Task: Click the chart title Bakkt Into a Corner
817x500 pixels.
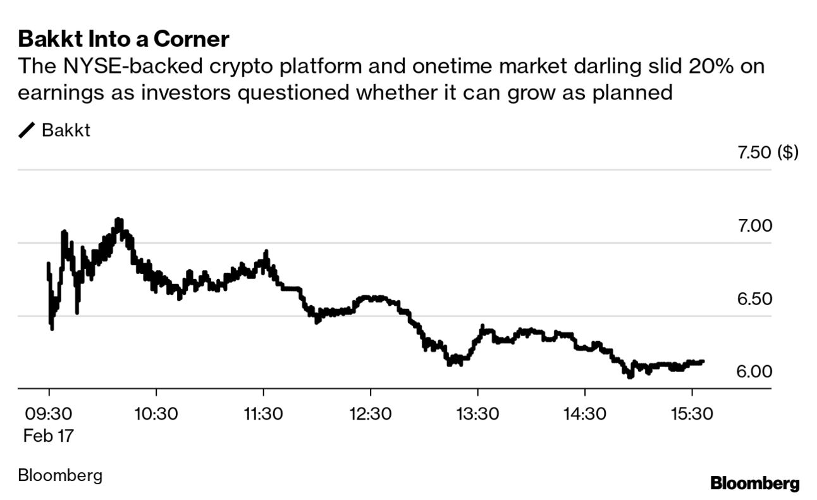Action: click(123, 39)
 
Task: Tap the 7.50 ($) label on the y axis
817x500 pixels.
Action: click(768, 153)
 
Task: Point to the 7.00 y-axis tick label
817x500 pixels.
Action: click(755, 225)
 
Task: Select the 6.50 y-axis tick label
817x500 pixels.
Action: click(755, 298)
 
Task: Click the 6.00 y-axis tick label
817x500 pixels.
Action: click(755, 371)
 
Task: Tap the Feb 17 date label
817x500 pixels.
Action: click(49, 435)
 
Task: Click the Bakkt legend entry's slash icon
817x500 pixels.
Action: click(27, 131)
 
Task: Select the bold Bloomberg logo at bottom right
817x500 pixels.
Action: click(754, 484)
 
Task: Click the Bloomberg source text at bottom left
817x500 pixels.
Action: click(60, 475)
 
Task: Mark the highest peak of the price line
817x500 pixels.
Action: click(118, 221)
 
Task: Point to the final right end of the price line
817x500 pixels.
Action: click(703, 361)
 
